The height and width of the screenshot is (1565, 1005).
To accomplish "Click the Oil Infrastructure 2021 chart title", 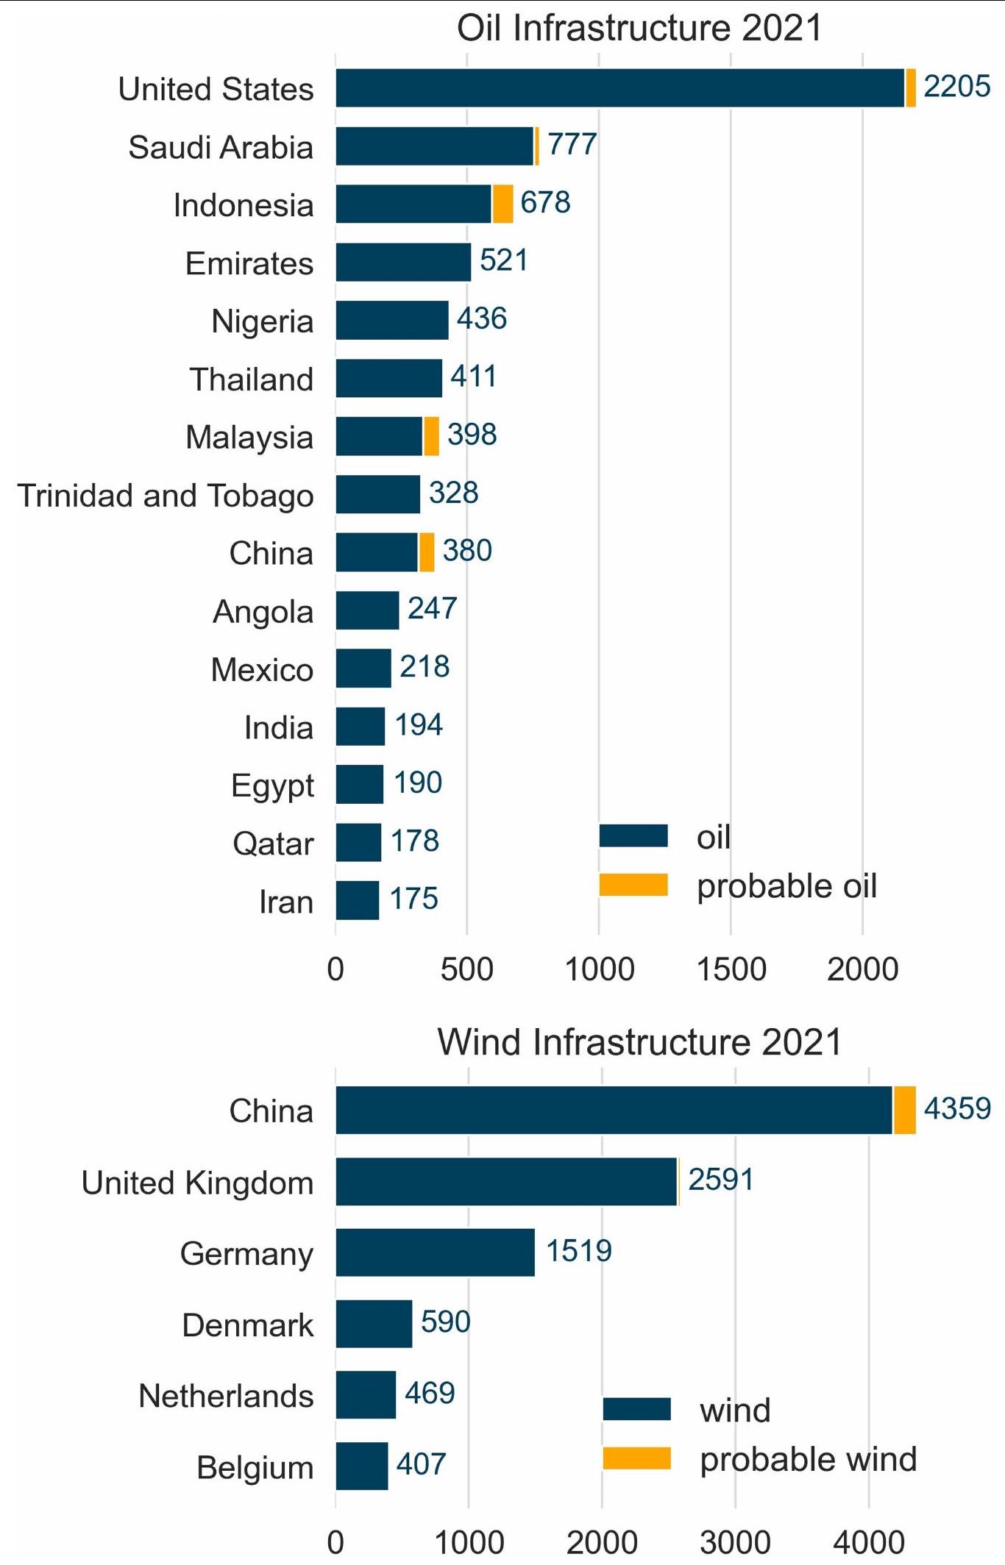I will point(639,28).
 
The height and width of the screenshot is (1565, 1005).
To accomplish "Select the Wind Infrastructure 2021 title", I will point(639,1042).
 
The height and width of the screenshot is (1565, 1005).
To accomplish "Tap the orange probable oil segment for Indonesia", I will point(502,204).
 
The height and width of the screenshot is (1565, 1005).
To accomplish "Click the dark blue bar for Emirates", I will point(403,262).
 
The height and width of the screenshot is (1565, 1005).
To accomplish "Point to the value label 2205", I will point(956,87).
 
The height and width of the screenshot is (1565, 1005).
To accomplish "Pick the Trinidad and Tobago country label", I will point(166,495).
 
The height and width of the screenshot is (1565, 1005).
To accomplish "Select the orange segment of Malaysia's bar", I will point(432,436).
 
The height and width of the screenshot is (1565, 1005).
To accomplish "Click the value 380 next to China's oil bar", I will point(467,551).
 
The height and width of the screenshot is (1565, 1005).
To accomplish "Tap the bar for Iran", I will point(358,900).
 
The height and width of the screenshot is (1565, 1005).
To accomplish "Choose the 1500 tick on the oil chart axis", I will point(731,969).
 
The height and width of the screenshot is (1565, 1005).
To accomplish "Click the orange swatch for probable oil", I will point(633,885).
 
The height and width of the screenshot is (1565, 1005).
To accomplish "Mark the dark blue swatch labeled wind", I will point(636,1409).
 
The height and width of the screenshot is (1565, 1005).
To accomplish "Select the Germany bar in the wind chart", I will point(435,1252).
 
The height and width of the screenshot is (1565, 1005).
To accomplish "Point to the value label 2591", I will point(720,1180).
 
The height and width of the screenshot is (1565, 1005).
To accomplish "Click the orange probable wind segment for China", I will point(905,1110).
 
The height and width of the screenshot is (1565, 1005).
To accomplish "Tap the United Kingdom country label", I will point(197,1183).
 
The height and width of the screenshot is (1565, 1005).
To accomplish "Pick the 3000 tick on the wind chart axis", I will point(734,1543).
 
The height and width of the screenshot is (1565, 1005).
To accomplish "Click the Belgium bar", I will point(362,1466).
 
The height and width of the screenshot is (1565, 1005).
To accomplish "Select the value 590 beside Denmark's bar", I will point(445,1322).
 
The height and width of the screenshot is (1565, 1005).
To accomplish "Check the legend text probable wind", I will point(808,1459).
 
